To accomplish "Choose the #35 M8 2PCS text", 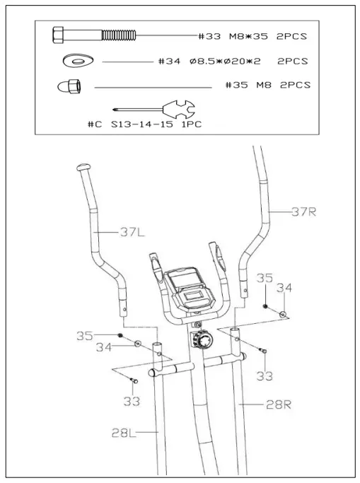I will [x=267, y=86].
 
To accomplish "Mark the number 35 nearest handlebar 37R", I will [x=265, y=278].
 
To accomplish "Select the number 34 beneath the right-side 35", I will [x=283, y=289].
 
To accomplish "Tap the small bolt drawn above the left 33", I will [x=134, y=381].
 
